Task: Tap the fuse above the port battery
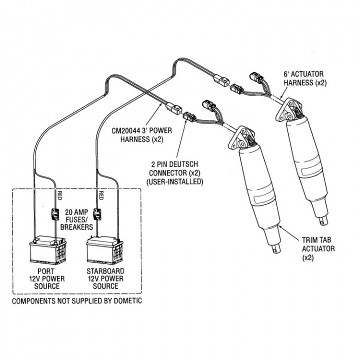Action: coord(53,216)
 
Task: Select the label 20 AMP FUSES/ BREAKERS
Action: coord(75,219)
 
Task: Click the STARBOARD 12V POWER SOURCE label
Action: coord(105,278)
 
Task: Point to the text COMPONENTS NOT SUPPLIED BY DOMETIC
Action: coord(76,301)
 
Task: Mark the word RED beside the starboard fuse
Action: coord(102,195)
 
